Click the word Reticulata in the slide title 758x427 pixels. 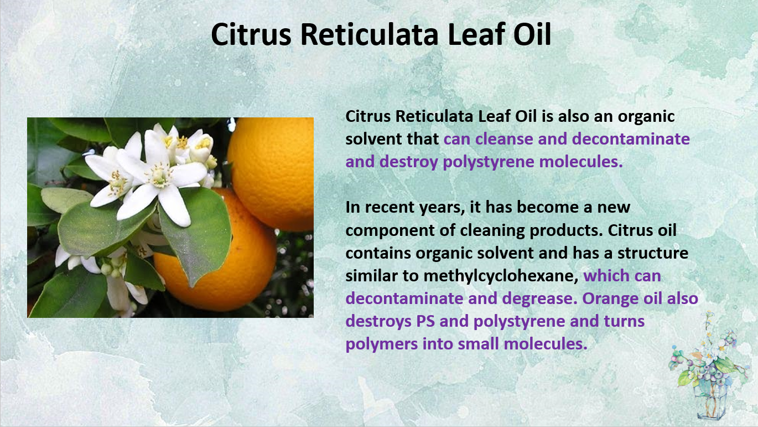(x=369, y=34)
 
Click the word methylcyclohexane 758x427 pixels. (x=501, y=276)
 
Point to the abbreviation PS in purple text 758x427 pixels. (x=425, y=321)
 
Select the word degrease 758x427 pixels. (x=540, y=299)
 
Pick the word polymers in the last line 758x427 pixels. (x=381, y=344)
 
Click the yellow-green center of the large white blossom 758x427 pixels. (x=158, y=177)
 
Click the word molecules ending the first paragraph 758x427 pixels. (x=581, y=162)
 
